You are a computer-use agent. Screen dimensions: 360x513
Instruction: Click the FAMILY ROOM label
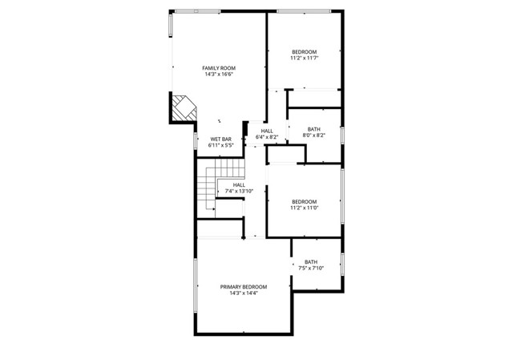pyautogui.click(x=218, y=68)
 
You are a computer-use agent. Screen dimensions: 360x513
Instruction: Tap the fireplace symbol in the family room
pyautogui.click(x=184, y=107)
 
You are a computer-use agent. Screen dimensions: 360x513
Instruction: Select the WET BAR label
pyautogui.click(x=220, y=139)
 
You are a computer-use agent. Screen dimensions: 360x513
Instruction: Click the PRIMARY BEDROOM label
pyautogui.click(x=244, y=286)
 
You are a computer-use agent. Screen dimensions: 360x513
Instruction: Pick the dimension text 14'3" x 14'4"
pyautogui.click(x=244, y=293)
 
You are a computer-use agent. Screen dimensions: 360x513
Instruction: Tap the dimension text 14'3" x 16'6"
pyautogui.click(x=218, y=75)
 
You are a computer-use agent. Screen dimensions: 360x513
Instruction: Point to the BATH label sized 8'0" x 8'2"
pyautogui.click(x=313, y=129)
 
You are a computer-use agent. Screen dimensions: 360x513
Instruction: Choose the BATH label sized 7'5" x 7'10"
pyautogui.click(x=310, y=261)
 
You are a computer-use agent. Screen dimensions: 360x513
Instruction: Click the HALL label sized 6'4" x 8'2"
pyautogui.click(x=266, y=131)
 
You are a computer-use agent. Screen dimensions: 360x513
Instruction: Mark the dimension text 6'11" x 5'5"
pyautogui.click(x=220, y=146)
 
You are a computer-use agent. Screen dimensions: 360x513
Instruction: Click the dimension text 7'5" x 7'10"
pyautogui.click(x=310, y=269)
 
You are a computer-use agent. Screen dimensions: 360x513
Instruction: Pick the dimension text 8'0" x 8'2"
pyautogui.click(x=313, y=136)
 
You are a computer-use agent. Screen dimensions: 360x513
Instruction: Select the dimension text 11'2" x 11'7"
pyautogui.click(x=304, y=58)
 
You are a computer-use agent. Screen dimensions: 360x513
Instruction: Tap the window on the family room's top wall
pyautogui.click(x=198, y=11)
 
